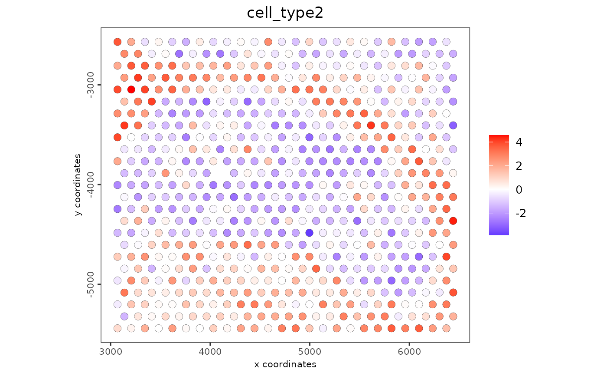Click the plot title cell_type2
tap(285, 13)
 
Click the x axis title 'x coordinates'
tap(285, 364)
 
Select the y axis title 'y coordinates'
tap(78, 185)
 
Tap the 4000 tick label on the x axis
tap(210, 351)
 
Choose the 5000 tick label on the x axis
tap(310, 351)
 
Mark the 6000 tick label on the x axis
tap(409, 351)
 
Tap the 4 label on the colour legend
tap(519, 142)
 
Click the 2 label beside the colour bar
tap(519, 166)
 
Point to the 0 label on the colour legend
tap(519, 190)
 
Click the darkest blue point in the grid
tap(309, 233)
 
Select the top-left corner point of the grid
tap(117, 42)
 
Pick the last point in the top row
tap(446, 42)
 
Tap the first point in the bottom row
tap(117, 328)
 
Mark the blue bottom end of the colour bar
tap(499, 233)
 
